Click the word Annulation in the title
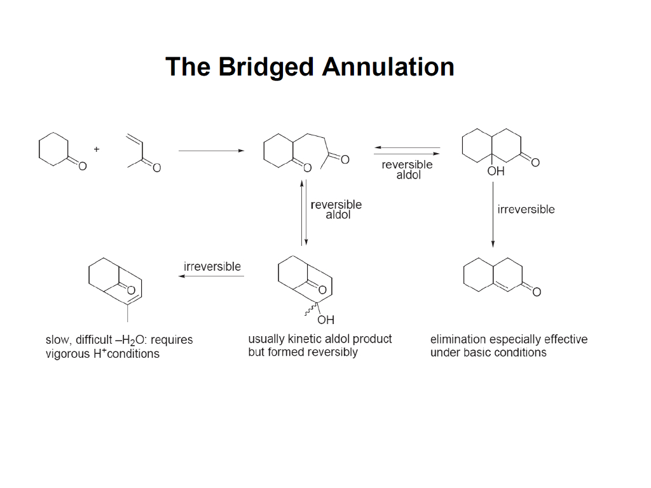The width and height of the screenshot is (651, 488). pos(388,67)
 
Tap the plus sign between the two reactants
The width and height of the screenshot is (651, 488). pos(97,149)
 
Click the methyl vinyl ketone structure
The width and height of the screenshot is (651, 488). pos(142,152)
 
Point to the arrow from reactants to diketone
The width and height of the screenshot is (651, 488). pos(211,151)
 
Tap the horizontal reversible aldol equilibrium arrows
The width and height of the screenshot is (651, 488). pos(407,151)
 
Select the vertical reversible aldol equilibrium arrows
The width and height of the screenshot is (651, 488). pos(304,212)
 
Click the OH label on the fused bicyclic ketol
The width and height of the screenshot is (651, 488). pos(495,172)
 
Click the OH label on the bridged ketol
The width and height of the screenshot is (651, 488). pos(325,319)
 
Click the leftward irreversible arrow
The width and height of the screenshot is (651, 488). pos(212,276)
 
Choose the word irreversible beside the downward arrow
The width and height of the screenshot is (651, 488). pos(526,210)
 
